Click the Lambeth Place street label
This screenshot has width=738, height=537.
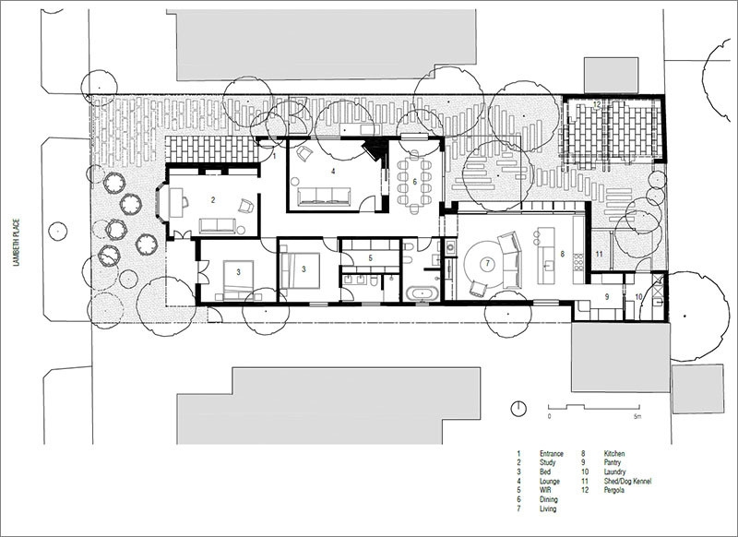tap(16, 242)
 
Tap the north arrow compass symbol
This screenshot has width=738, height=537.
tap(518, 409)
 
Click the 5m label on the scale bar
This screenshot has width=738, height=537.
tap(637, 416)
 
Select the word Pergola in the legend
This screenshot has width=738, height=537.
tap(614, 490)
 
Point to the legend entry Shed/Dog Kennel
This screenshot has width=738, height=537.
tap(627, 481)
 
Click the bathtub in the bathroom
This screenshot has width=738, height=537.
tap(423, 293)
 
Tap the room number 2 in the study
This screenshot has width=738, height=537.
tap(213, 200)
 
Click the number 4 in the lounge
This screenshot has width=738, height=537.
tap(333, 171)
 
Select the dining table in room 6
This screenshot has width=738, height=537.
tap(414, 181)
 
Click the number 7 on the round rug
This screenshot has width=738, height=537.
tap(488, 264)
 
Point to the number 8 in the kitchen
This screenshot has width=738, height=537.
tap(562, 254)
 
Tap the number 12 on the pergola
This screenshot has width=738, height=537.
tap(596, 105)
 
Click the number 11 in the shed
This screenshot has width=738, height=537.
tap(599, 254)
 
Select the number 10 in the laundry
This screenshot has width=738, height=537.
tap(638, 296)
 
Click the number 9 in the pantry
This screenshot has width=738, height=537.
tap(607, 296)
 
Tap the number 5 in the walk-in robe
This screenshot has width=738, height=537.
tap(371, 258)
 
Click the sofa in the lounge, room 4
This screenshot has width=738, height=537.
tap(324, 197)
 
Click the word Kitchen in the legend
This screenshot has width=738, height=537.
tap(614, 454)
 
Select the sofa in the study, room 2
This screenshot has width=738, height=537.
tap(217, 225)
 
